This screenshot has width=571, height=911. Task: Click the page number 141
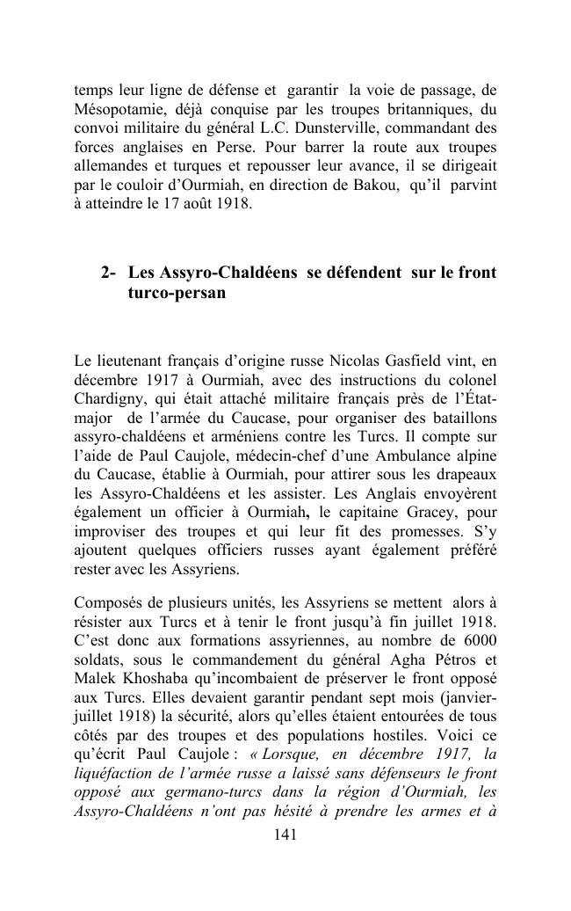pos(285,835)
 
